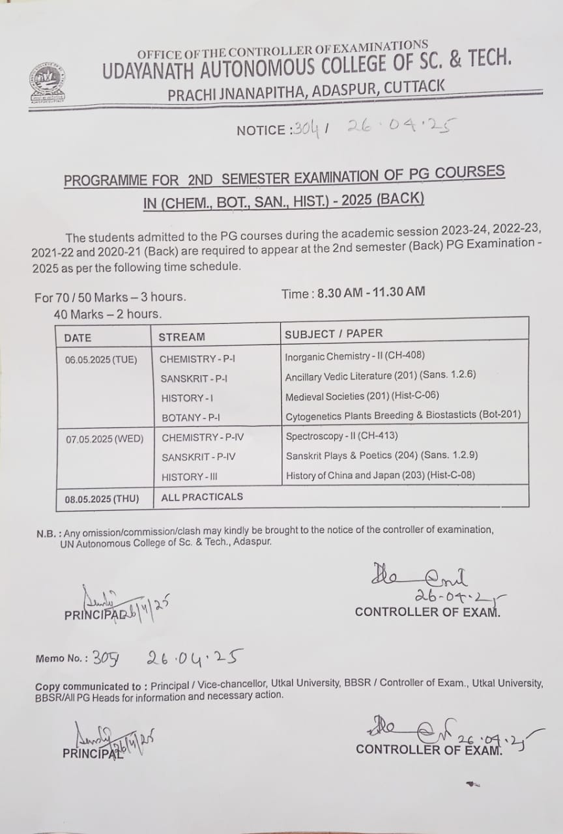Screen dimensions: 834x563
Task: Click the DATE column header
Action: click(78, 338)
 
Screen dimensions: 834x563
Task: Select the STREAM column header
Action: click(181, 337)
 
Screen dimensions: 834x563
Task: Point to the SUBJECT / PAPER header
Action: click(333, 334)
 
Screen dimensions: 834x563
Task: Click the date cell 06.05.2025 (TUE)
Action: click(101, 359)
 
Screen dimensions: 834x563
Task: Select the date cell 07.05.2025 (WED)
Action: click(104, 439)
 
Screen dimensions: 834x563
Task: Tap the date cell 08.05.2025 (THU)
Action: click(102, 499)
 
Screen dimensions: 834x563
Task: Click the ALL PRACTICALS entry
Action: click(202, 496)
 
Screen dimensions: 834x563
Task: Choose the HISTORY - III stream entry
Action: click(190, 477)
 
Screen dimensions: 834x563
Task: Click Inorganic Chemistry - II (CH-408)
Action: click(354, 357)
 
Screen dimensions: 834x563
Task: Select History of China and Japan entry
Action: click(380, 476)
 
